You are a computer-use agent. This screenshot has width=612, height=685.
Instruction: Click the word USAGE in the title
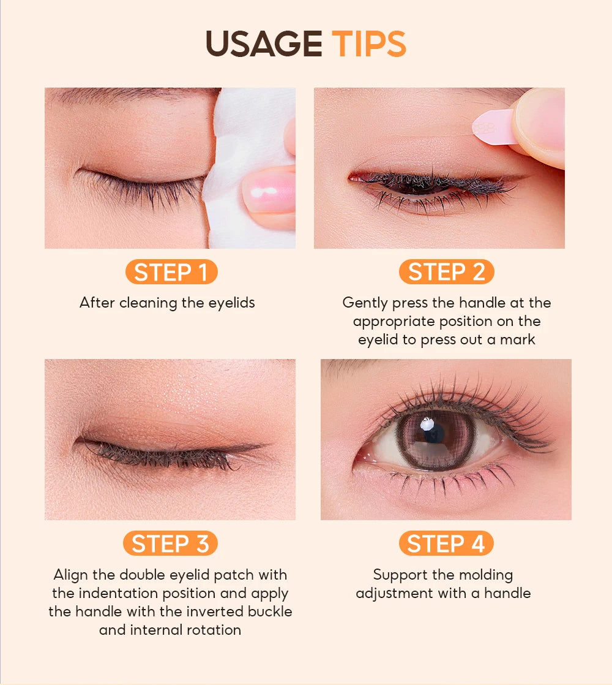(264, 44)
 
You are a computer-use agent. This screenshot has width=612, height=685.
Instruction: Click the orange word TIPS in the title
(369, 44)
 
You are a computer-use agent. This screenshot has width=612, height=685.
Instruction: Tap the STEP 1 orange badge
(171, 271)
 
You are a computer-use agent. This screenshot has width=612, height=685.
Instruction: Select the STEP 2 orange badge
(446, 271)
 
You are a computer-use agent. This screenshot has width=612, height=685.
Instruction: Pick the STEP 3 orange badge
(170, 543)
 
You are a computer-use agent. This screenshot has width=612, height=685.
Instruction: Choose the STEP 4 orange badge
(446, 543)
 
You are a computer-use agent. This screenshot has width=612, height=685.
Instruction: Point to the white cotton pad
(247, 168)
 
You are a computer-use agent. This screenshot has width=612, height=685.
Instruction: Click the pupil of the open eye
(433, 433)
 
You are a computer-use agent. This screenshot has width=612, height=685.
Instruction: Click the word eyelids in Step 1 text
(231, 303)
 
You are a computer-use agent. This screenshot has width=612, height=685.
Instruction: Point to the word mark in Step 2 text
(517, 339)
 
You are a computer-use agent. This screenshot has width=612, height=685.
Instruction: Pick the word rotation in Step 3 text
(214, 629)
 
